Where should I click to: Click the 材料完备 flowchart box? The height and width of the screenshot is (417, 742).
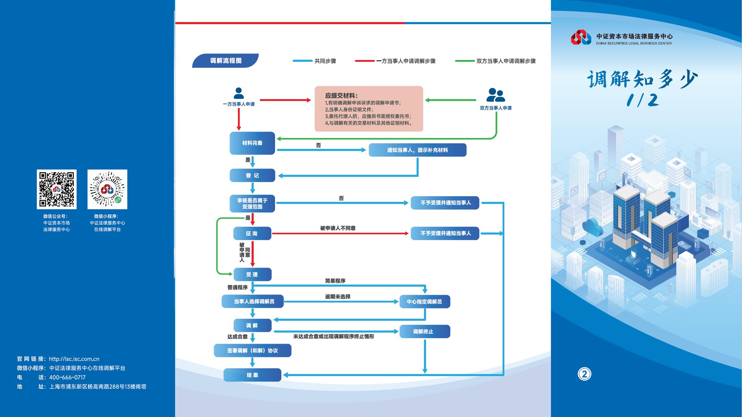252,143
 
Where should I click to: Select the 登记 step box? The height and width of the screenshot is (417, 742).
252,175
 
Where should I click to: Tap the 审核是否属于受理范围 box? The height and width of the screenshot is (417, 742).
252,203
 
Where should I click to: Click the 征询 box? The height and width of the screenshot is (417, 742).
252,234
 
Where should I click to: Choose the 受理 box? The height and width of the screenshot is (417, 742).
252,275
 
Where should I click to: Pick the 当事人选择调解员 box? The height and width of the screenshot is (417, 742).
252,302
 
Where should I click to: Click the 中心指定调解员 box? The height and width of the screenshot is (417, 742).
424,302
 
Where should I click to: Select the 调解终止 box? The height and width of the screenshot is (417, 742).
424,331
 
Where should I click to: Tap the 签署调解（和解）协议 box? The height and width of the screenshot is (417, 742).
252,351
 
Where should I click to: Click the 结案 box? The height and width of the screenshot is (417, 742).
252,375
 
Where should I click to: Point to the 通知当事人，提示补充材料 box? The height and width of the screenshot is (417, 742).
417,150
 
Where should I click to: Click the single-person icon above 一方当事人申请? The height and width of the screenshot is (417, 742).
239,93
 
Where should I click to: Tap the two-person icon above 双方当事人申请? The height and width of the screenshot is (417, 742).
495,95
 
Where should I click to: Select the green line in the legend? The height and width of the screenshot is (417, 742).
465,61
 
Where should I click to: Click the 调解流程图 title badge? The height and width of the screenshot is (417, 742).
225,61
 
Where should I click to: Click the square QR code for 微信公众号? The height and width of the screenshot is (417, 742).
56,189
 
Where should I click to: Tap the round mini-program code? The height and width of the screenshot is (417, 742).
107,189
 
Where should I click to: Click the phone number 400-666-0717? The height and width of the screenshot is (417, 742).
67,377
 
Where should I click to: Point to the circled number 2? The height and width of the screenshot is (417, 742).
584,374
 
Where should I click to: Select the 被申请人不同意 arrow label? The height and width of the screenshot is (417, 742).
338,228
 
